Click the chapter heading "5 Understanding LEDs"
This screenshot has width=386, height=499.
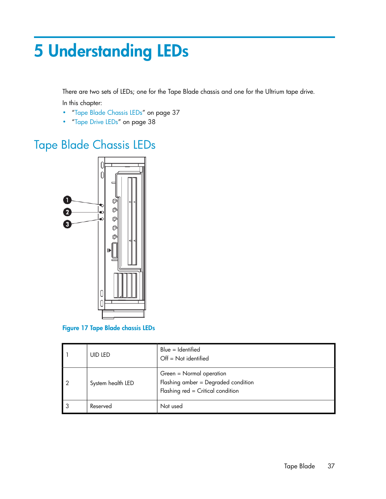click(x=111, y=51)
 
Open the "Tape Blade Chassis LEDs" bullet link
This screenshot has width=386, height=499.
click(x=108, y=113)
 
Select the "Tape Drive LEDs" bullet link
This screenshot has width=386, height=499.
click(x=96, y=122)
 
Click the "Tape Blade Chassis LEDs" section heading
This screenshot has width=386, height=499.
click(x=95, y=145)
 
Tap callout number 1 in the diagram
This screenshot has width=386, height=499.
click(x=67, y=200)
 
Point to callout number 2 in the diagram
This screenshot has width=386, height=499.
click(x=67, y=212)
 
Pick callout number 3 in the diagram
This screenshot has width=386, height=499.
click(x=67, y=224)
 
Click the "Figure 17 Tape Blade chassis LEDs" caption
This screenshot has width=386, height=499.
click(x=108, y=328)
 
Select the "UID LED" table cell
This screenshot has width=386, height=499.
click(x=100, y=355)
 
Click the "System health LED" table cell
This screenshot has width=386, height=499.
click(x=112, y=383)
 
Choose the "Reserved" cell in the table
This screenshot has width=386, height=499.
click(x=101, y=406)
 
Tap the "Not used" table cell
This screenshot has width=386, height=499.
click(x=171, y=406)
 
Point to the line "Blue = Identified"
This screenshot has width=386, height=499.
click(x=180, y=350)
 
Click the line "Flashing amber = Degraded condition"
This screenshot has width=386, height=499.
click(x=207, y=382)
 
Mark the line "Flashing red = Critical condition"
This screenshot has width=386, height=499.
click(x=199, y=391)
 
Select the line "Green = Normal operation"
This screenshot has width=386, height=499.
click(x=193, y=373)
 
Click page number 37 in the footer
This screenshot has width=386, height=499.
click(x=331, y=466)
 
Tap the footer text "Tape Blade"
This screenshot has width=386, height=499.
click(x=299, y=466)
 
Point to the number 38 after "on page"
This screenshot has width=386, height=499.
click(x=151, y=122)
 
